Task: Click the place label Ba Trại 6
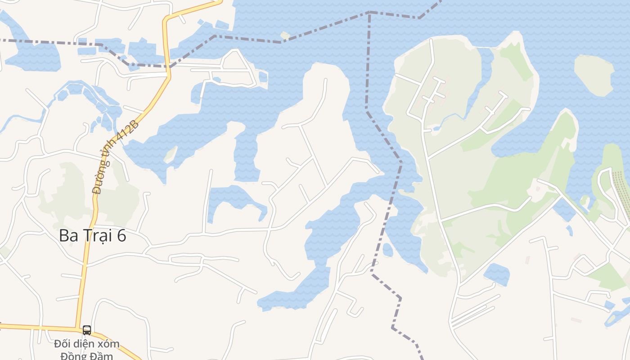coord(92,235)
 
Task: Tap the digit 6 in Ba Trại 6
coord(121,235)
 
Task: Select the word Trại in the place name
coord(99,235)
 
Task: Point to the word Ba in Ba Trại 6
coord(69,235)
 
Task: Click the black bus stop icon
coord(87,330)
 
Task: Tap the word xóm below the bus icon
coord(107,344)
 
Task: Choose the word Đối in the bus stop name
coord(63,344)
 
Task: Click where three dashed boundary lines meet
coord(369,12)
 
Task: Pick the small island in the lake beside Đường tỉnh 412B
coord(170,154)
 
